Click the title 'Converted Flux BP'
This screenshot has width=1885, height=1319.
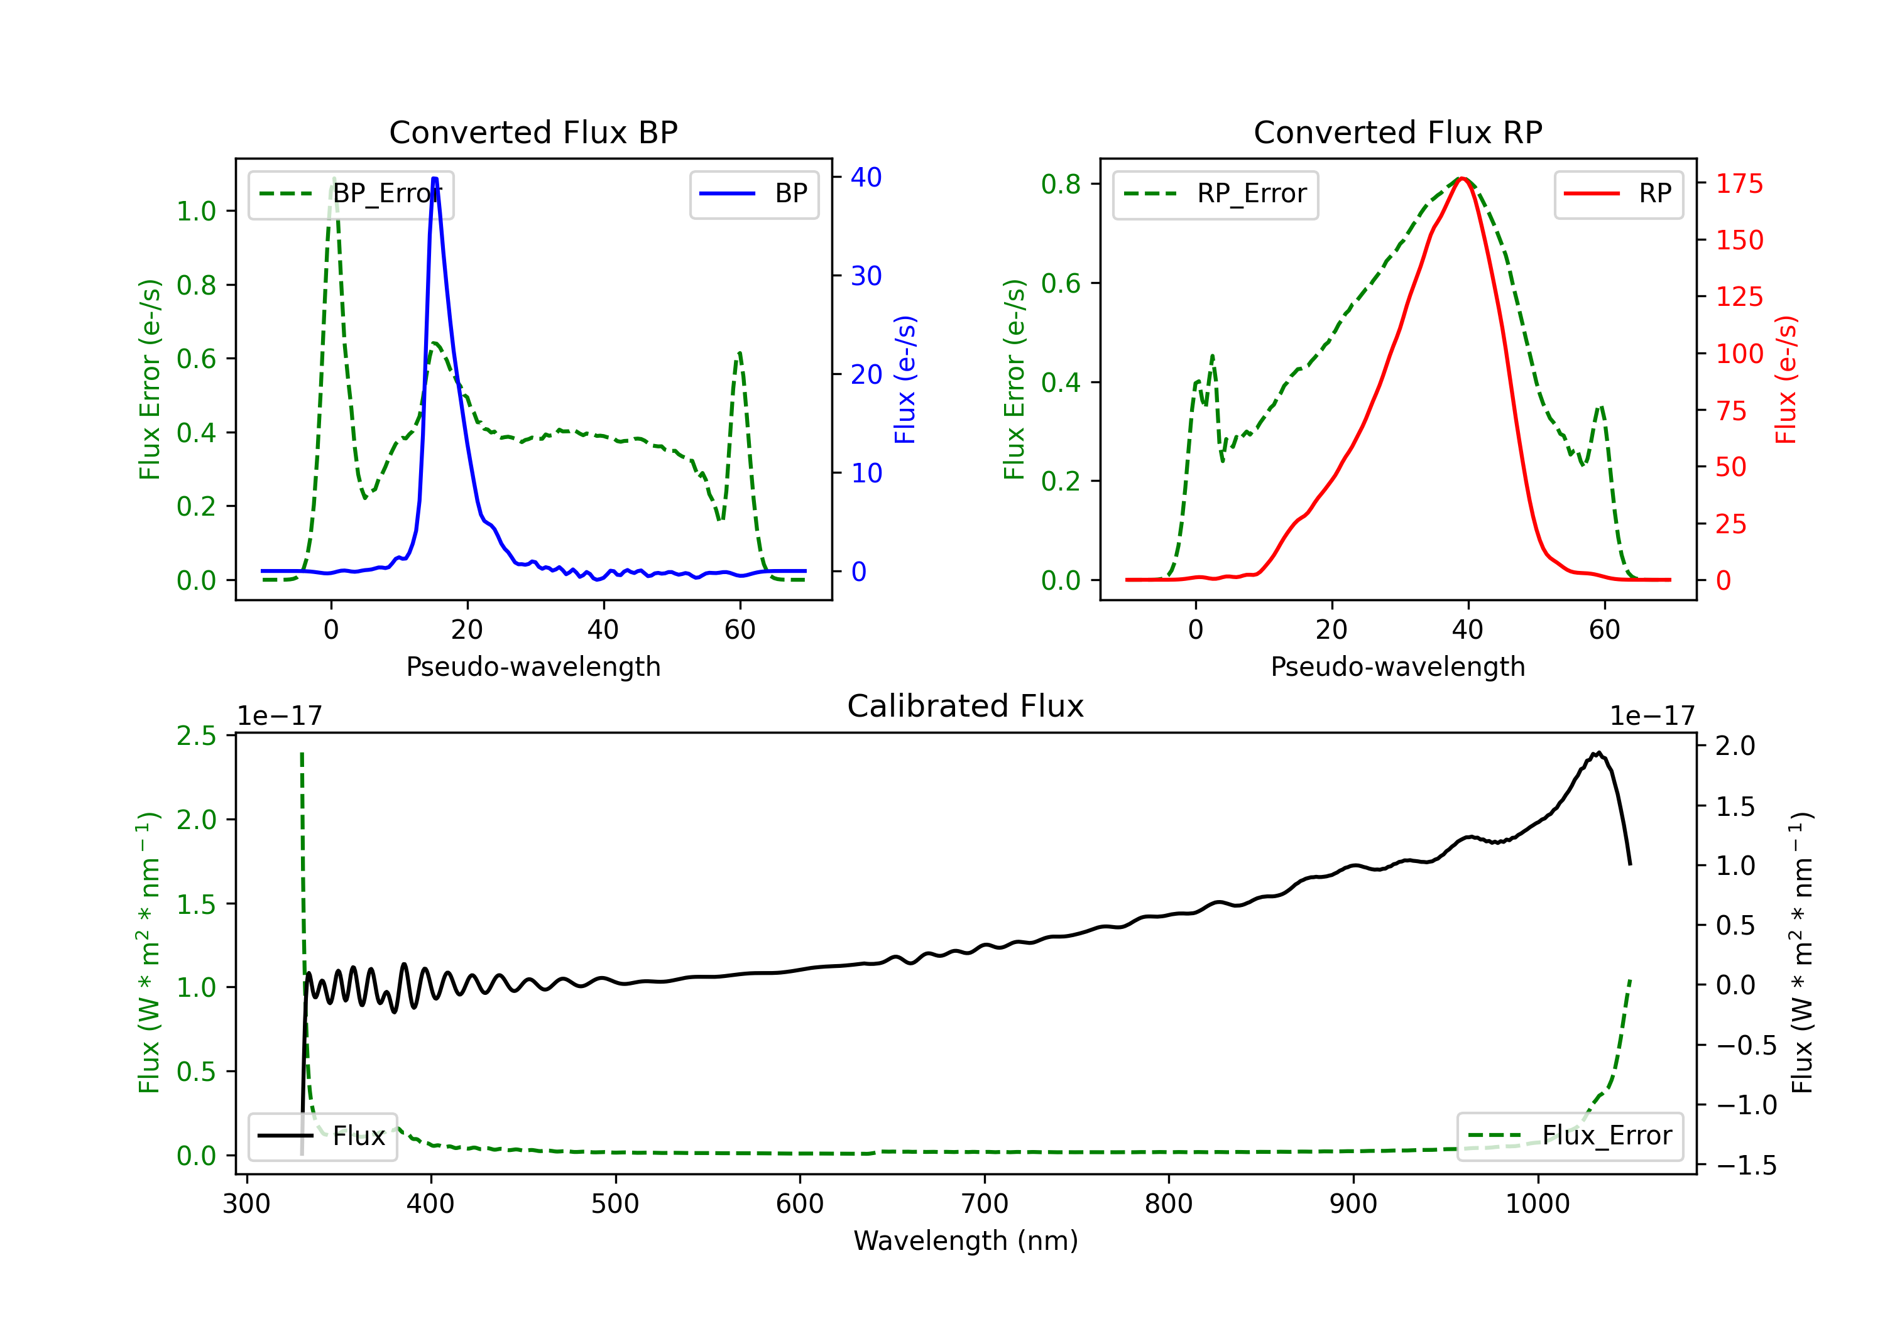(x=533, y=132)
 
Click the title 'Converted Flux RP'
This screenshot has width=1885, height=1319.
(x=1397, y=132)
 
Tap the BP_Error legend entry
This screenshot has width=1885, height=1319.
(x=351, y=193)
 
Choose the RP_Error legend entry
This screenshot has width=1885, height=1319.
(x=1215, y=193)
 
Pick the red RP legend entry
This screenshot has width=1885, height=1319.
(x=1618, y=193)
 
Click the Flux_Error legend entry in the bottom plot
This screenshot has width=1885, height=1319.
(x=1570, y=1136)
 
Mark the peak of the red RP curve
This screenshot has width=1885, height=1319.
(x=1462, y=178)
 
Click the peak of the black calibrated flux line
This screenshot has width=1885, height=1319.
(x=1598, y=752)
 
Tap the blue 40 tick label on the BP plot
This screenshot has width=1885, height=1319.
(x=866, y=177)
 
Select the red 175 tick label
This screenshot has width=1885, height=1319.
(x=1739, y=184)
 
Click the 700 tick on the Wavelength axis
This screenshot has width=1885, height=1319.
(x=985, y=1203)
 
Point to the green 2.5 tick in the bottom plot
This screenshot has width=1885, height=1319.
(x=196, y=736)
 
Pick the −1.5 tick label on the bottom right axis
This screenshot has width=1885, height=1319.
(x=1746, y=1166)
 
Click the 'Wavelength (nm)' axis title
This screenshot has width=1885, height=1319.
(x=966, y=1241)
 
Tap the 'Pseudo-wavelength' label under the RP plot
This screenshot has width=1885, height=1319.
(x=1397, y=666)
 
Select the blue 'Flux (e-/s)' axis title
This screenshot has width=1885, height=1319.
(x=905, y=380)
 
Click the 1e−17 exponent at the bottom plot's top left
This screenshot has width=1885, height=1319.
(x=280, y=716)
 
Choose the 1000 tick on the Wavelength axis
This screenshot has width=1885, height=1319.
(x=1538, y=1203)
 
